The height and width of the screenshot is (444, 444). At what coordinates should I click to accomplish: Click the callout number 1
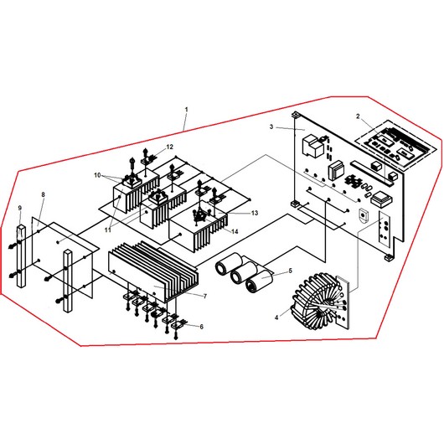[186, 109]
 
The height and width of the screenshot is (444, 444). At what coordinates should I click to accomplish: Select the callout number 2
[358, 116]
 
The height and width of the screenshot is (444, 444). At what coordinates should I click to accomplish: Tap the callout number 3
[271, 126]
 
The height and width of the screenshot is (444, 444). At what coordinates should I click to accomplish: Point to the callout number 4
[276, 318]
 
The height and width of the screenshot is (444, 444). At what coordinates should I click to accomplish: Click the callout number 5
[290, 271]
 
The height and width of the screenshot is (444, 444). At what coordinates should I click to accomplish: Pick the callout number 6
[201, 327]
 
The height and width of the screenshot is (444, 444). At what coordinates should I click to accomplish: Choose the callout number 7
[205, 297]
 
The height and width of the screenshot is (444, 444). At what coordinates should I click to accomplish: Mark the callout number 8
[43, 194]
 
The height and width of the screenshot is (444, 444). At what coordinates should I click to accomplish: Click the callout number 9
[20, 208]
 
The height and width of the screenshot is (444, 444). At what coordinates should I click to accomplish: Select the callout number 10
[97, 175]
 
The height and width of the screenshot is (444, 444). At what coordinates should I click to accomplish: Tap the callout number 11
[107, 230]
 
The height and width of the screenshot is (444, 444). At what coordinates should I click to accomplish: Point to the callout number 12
[169, 147]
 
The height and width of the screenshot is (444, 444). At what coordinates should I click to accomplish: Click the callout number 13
[255, 213]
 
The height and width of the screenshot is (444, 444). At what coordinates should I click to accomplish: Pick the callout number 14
[235, 231]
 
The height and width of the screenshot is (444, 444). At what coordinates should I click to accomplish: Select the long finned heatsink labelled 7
[154, 271]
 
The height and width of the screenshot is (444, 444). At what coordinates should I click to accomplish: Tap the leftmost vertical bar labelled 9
[21, 256]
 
